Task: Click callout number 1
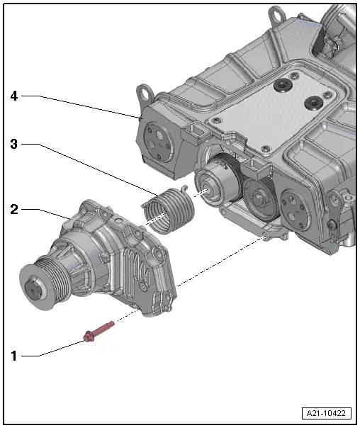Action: [x=13, y=356]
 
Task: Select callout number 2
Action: [x=13, y=210]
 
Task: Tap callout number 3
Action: [x=13, y=144]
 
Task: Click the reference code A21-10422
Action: [x=327, y=413]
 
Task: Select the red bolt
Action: [x=99, y=331]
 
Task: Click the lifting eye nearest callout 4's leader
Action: [x=147, y=93]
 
